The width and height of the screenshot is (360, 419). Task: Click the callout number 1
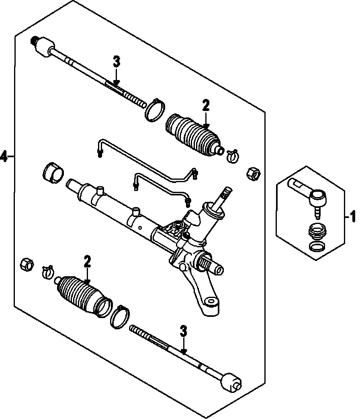click(x=352, y=218)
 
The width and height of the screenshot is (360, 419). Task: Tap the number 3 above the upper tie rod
click(x=116, y=62)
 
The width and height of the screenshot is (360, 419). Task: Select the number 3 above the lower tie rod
click(x=183, y=332)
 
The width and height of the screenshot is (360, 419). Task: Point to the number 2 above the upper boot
click(x=205, y=106)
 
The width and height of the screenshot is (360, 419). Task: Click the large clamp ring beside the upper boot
click(x=154, y=110)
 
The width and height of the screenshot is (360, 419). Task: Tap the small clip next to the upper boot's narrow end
click(x=232, y=156)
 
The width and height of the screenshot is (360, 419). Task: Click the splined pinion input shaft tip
click(x=226, y=191)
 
